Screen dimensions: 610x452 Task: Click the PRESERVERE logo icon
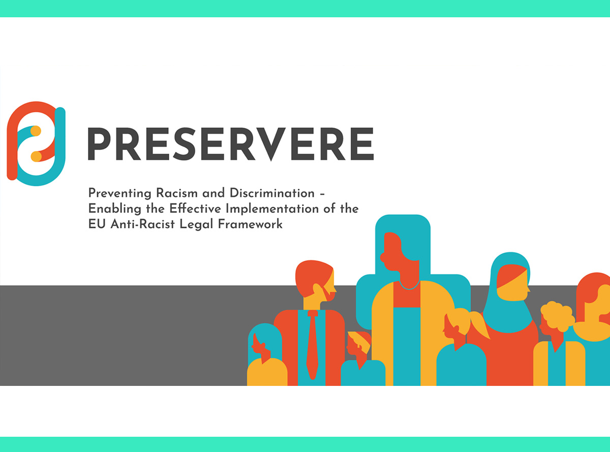(36, 143)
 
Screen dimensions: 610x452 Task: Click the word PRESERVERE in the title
(231, 144)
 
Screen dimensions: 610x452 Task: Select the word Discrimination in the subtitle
(272, 193)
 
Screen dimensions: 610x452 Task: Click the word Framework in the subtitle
(250, 224)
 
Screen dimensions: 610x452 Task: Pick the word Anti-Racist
(142, 224)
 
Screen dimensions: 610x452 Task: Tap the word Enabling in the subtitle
(115, 209)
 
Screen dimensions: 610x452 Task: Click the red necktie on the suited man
(313, 345)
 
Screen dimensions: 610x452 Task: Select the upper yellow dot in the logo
(36, 131)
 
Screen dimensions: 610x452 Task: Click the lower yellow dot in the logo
(36, 156)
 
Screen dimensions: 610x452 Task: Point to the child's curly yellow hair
(557, 316)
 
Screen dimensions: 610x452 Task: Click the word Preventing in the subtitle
(119, 193)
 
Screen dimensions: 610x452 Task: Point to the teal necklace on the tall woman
(409, 285)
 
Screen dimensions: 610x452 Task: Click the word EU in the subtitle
(97, 224)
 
